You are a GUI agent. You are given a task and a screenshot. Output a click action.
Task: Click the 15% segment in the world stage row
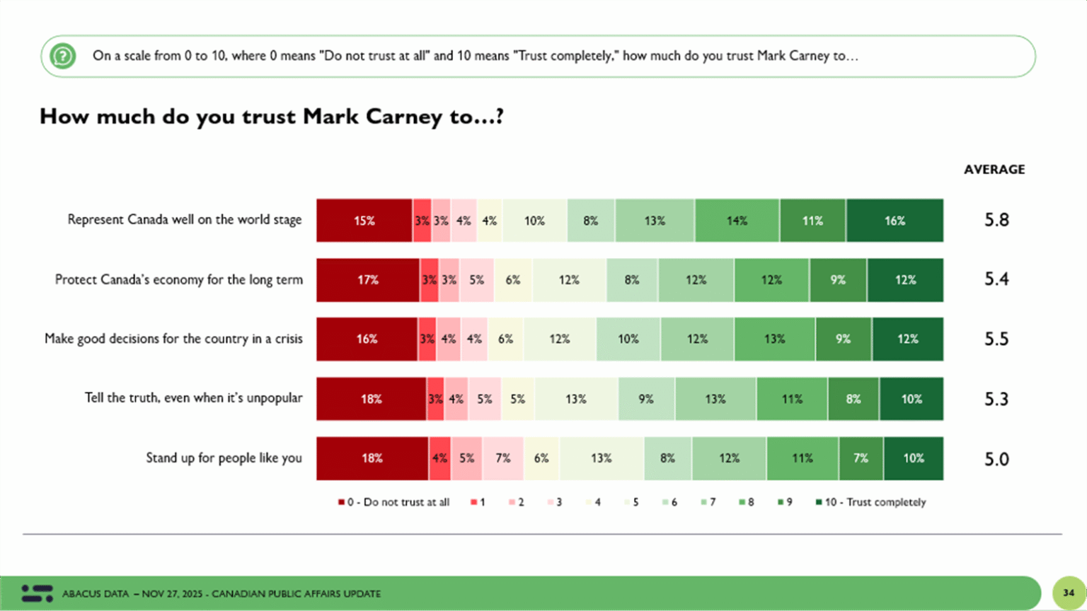[364, 221]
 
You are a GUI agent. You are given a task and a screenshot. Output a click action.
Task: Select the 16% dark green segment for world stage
[895, 221]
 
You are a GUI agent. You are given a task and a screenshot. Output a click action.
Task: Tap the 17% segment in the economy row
[368, 280]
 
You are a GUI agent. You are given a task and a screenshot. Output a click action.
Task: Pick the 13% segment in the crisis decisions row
[774, 339]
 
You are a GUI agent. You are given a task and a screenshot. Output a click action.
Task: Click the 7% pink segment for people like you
[503, 458]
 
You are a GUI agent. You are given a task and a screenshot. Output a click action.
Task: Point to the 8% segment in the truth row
[853, 399]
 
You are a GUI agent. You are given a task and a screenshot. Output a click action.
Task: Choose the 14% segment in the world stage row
[737, 221]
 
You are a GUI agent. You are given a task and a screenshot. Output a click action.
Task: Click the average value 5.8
[996, 220]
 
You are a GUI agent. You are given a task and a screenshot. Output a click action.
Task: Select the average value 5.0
[996, 460]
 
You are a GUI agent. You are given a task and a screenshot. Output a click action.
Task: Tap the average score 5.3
[996, 400]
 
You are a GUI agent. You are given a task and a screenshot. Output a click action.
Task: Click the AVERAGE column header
[994, 170]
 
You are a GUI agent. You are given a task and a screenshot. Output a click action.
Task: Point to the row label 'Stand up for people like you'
[224, 458]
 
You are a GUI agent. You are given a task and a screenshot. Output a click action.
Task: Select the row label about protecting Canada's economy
[179, 280]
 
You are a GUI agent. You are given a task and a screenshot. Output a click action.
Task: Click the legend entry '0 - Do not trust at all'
[394, 502]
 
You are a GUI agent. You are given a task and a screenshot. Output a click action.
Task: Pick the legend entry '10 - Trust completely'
[871, 502]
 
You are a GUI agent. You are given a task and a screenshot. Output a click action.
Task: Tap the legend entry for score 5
[631, 502]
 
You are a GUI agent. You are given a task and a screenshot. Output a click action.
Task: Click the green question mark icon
[63, 56]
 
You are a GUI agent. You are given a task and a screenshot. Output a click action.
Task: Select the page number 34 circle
[1069, 593]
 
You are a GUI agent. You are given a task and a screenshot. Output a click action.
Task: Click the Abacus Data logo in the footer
[37, 593]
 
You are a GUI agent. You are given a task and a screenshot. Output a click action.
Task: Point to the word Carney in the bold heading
[403, 117]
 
